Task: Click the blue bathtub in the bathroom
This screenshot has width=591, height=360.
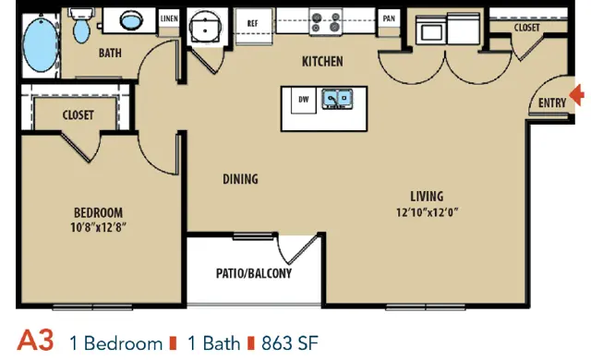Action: pyautogui.click(x=41, y=44)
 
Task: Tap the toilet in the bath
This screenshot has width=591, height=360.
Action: pyautogui.click(x=81, y=26)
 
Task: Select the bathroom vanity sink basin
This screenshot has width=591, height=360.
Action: pyautogui.click(x=131, y=20)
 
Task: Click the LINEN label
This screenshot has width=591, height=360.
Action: pyautogui.click(x=169, y=18)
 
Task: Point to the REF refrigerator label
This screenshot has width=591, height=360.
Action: pyautogui.click(x=252, y=23)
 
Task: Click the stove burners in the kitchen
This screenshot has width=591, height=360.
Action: pyautogui.click(x=326, y=22)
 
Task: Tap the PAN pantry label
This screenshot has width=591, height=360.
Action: pyautogui.click(x=389, y=18)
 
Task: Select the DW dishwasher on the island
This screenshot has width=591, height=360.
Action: pyautogui.click(x=304, y=100)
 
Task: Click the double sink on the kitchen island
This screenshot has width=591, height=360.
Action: pyautogui.click(x=337, y=99)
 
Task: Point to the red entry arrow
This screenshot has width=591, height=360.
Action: pyautogui.click(x=577, y=94)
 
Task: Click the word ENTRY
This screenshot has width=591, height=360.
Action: pyautogui.click(x=552, y=102)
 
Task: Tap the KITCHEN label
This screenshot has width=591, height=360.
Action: pyautogui.click(x=322, y=61)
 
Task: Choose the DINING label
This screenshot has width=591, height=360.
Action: pyautogui.click(x=240, y=179)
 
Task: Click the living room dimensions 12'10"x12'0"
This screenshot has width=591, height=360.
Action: pyautogui.click(x=427, y=212)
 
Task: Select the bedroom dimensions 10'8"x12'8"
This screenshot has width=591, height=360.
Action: pyautogui.click(x=99, y=227)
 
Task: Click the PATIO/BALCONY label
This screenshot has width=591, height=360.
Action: pyautogui.click(x=254, y=273)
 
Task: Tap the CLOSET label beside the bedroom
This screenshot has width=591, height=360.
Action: pyautogui.click(x=78, y=114)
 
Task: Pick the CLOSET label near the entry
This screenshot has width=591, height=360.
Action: pyautogui.click(x=527, y=28)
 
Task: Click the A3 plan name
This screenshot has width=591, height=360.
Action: pyautogui.click(x=35, y=341)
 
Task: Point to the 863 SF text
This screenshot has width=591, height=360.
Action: pyautogui.click(x=290, y=343)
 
